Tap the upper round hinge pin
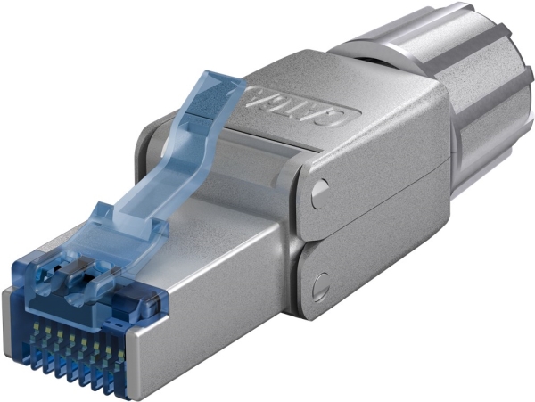[319, 189]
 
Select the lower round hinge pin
[319, 284]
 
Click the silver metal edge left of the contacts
[18, 321]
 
